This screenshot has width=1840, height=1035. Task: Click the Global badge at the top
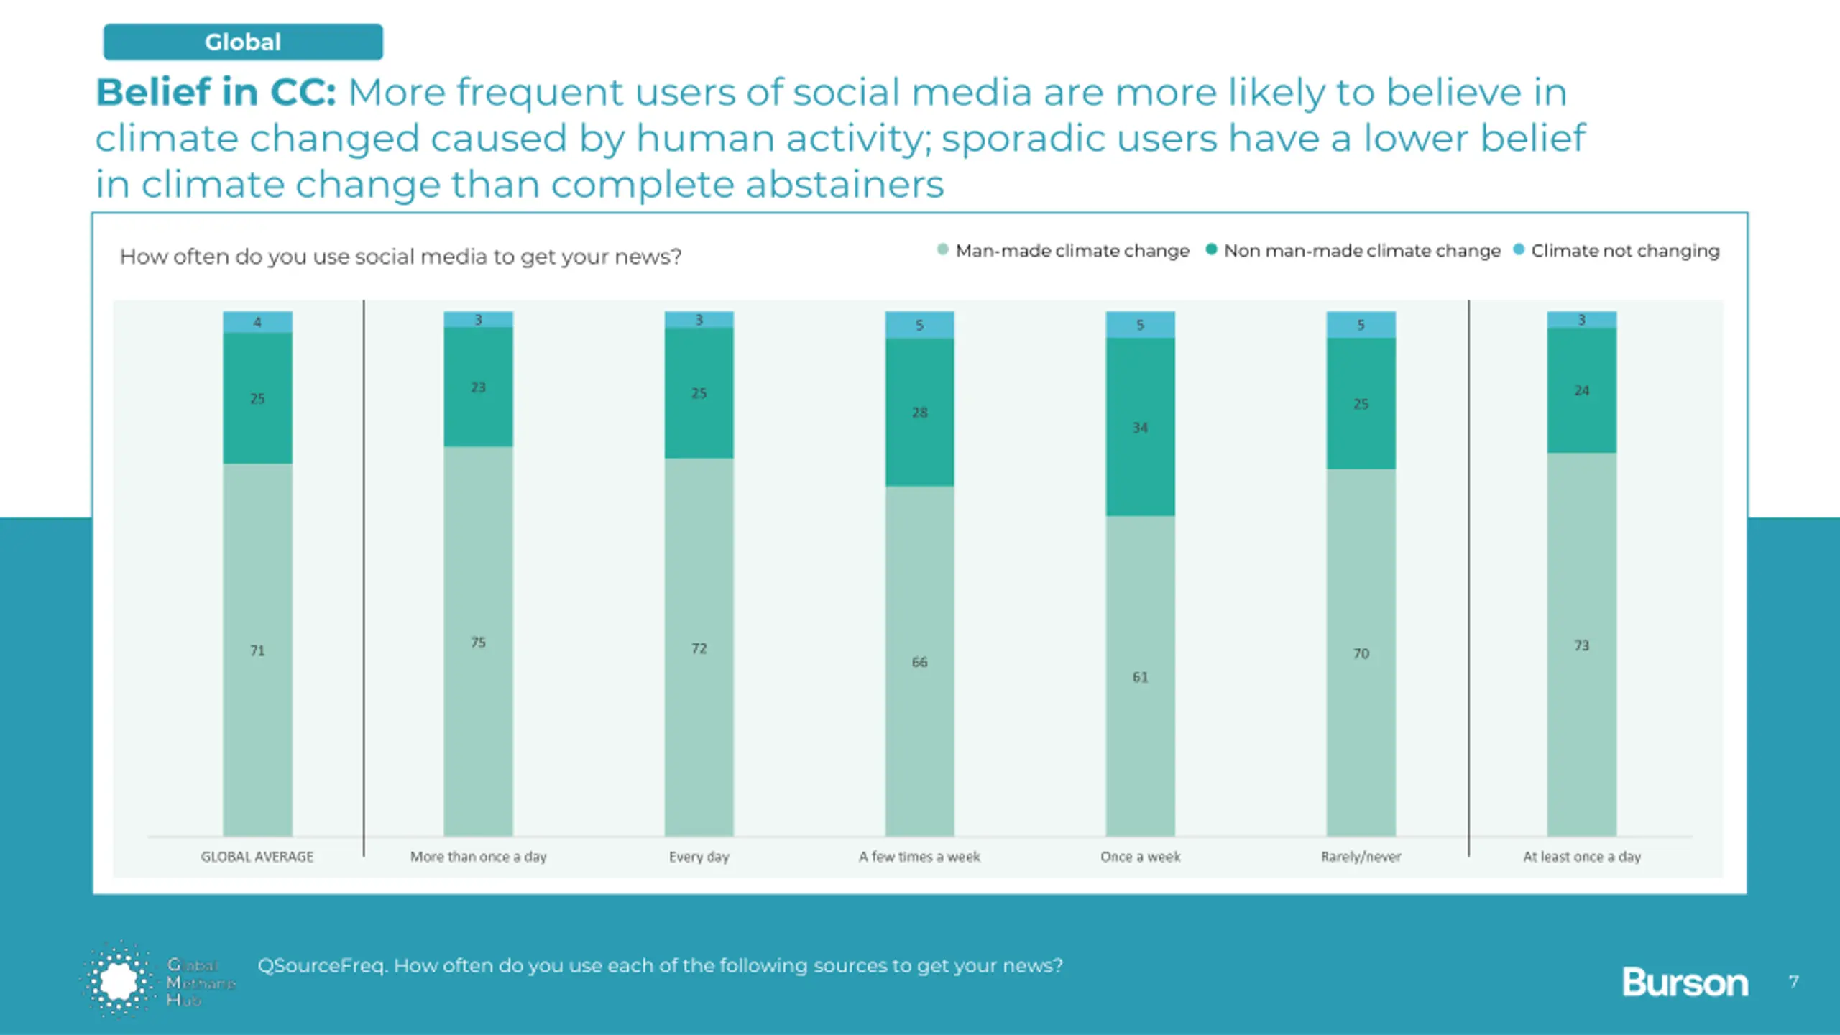(243, 42)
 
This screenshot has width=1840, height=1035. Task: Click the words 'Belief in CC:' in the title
(216, 92)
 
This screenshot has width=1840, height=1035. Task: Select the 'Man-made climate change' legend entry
(1072, 251)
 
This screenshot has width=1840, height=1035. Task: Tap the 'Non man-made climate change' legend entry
(1361, 251)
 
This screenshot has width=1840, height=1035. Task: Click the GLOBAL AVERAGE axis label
(257, 857)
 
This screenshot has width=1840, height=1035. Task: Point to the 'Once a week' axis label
(1140, 857)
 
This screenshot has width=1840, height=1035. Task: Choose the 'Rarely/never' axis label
(1361, 857)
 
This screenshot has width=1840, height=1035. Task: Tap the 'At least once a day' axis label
(1581, 857)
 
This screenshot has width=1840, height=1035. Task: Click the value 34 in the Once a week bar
(1140, 428)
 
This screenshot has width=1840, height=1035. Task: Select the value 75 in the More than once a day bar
(478, 642)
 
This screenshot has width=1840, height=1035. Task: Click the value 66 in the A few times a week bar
(919, 662)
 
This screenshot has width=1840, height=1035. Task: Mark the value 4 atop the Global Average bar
(257, 322)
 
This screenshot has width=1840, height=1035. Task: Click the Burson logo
(1685, 983)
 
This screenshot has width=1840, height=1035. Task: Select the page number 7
(1794, 982)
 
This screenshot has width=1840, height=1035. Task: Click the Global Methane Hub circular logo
(119, 980)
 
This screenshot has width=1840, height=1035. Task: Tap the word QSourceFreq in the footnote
(322, 965)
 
